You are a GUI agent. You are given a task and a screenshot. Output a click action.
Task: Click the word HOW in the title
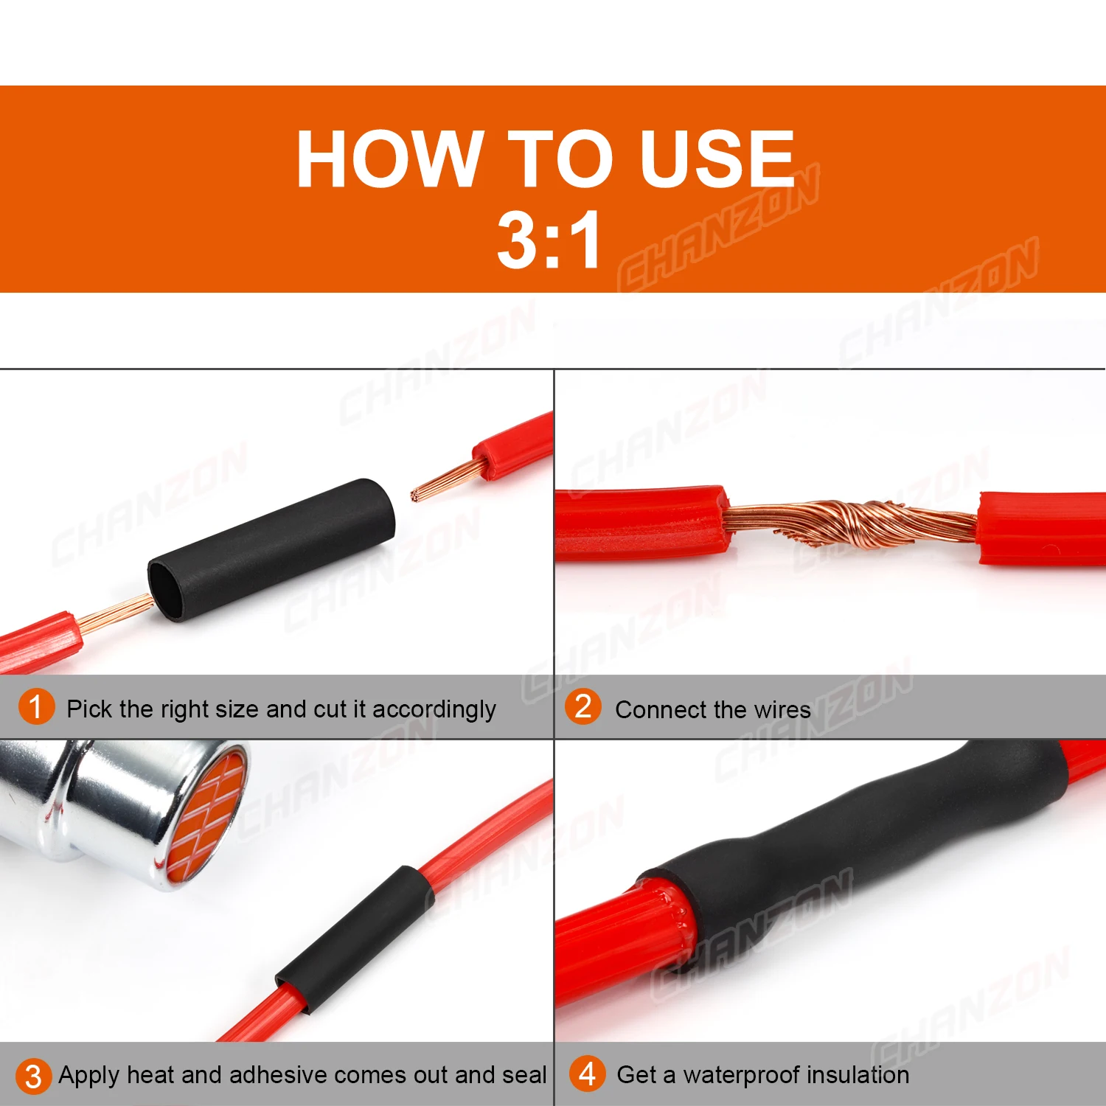[x=387, y=158]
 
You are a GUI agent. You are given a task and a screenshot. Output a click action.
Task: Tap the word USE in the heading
[x=717, y=158]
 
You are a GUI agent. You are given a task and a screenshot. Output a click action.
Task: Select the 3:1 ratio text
[x=549, y=240]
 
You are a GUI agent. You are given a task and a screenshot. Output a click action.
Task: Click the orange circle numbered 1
[x=36, y=707]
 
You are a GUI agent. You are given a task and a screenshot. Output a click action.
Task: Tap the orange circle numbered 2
[x=582, y=706]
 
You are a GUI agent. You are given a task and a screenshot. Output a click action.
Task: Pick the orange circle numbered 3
[x=33, y=1076]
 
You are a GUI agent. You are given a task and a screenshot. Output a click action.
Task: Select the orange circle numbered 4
[x=587, y=1074]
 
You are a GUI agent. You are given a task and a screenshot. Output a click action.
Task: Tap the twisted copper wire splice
[x=855, y=521]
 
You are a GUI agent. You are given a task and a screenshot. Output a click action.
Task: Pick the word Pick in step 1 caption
[x=90, y=709]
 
